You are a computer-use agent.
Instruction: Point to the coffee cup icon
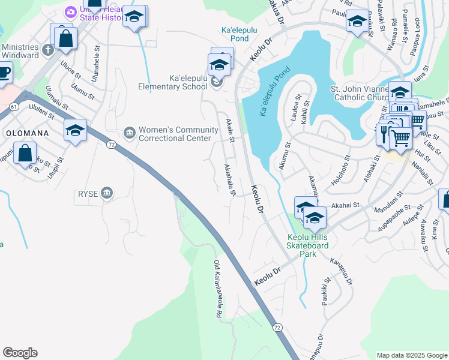(x=4, y=71)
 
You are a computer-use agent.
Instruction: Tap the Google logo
(x=20, y=353)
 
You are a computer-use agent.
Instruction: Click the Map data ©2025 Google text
(x=411, y=355)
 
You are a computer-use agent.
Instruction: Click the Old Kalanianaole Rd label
(x=218, y=289)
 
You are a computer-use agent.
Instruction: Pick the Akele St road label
(x=229, y=131)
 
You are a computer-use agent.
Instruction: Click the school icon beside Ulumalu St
(x=76, y=129)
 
